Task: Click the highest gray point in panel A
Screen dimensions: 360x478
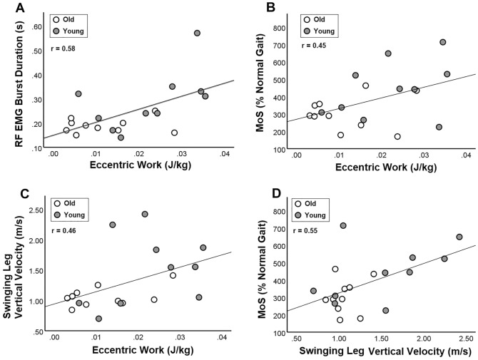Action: tap(197, 34)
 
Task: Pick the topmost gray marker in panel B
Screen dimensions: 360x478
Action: tap(443, 42)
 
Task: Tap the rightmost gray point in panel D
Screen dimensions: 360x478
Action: tap(459, 237)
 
